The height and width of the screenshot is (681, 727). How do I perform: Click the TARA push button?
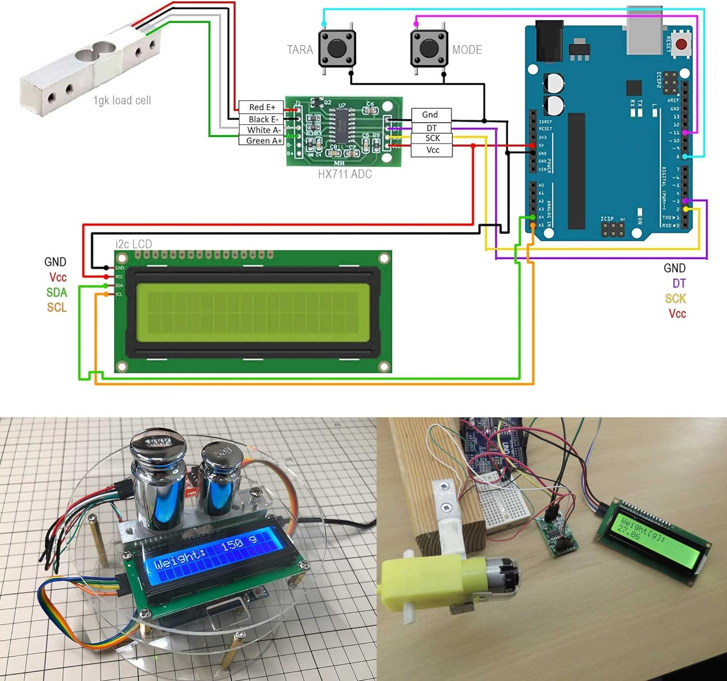tap(337, 49)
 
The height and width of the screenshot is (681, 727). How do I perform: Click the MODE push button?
tap(429, 49)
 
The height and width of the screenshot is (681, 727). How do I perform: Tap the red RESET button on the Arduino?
tap(681, 45)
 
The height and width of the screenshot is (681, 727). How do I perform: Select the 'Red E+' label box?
tap(262, 107)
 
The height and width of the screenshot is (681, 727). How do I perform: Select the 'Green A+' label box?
tap(262, 140)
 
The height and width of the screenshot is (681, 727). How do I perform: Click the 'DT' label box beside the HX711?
tap(431, 128)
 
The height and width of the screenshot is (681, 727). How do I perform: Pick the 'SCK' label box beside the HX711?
tap(432, 139)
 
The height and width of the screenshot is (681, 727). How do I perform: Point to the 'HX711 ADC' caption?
tap(345, 174)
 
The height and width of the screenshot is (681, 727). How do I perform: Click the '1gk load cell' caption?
tap(122, 100)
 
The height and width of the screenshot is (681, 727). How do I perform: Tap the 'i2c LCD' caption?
tap(133, 244)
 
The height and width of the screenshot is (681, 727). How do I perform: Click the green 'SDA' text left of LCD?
tap(57, 293)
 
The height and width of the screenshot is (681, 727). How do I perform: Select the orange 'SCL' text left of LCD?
tap(57, 308)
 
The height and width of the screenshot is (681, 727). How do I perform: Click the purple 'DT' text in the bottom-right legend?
tap(679, 283)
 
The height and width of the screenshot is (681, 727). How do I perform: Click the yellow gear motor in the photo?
tap(427, 581)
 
